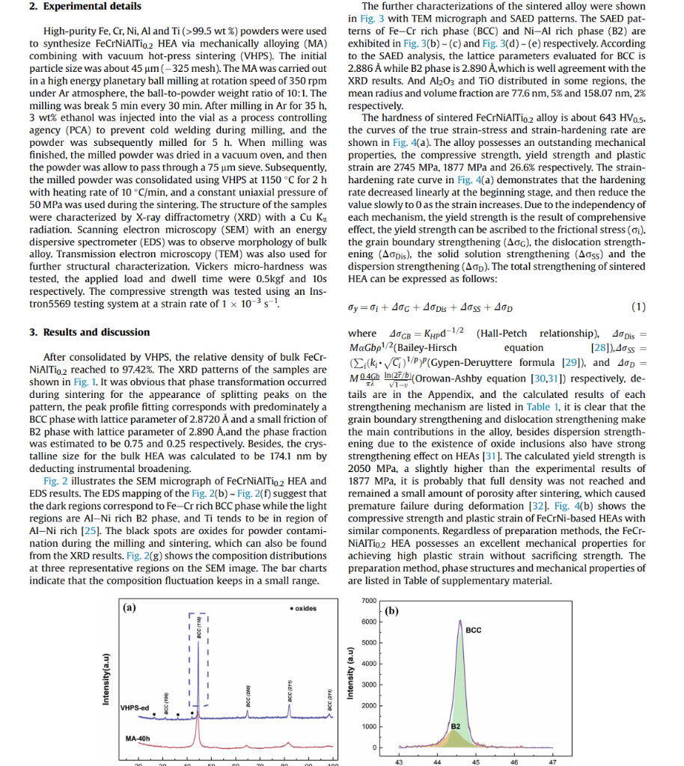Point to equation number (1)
638,307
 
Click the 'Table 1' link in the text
543,407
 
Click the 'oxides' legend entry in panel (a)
302,609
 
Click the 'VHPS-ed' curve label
135,708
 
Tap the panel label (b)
393,611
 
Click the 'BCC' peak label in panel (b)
474,631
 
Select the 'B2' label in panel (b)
455,725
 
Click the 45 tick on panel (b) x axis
475,762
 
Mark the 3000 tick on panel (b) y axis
367,685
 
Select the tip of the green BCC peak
459,621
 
